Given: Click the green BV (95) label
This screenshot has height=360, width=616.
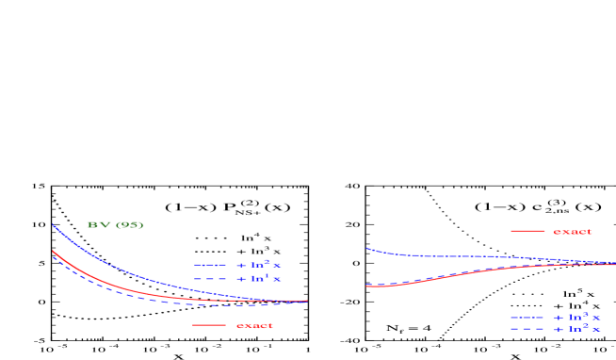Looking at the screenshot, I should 115,225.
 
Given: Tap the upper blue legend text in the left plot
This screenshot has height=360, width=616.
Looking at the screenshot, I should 258,265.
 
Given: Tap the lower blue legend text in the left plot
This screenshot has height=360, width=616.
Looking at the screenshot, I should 258,279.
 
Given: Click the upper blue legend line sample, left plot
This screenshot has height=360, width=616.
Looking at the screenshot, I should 209,265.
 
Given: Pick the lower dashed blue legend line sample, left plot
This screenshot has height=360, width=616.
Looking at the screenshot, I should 209,279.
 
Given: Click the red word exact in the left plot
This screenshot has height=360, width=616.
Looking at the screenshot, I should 254,325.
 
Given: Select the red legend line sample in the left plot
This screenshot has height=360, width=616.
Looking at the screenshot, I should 209,325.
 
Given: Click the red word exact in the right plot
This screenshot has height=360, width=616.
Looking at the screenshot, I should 572,231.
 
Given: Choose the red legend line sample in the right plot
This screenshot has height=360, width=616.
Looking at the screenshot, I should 527,231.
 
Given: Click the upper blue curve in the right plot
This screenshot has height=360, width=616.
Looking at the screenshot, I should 452,255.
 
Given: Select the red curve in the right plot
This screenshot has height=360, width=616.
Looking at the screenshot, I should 452,275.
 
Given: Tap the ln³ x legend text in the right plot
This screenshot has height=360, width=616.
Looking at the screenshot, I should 576,318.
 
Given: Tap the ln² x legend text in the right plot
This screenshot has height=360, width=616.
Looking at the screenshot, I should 576,329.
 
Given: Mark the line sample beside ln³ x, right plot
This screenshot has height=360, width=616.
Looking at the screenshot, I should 527,318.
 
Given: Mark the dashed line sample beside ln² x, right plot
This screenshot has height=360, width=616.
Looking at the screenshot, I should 527,329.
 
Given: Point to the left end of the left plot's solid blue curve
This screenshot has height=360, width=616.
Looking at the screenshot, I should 53,225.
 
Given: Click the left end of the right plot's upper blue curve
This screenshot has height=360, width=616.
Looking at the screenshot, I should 367,249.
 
